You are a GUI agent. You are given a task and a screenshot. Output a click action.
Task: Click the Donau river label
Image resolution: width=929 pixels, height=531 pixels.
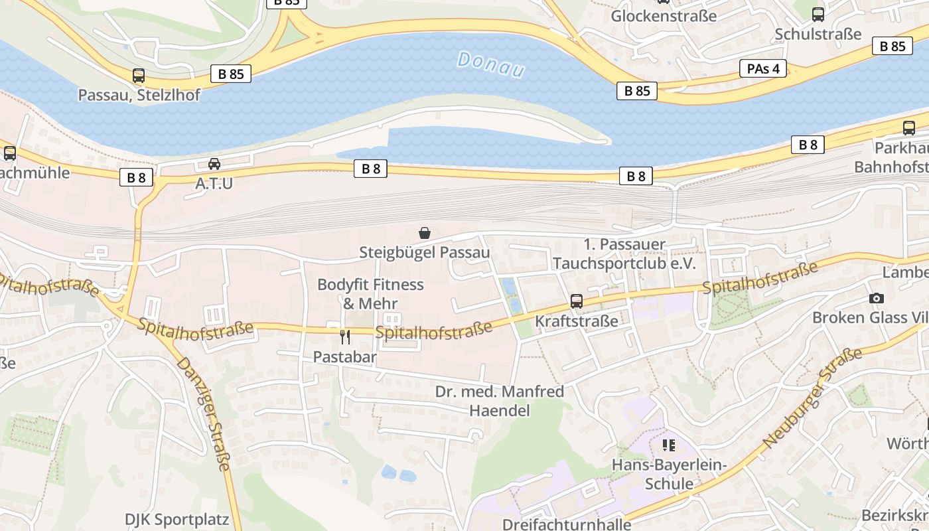[491, 65]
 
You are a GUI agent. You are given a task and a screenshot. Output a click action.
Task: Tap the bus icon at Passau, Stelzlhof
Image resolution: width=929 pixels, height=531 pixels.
[138, 76]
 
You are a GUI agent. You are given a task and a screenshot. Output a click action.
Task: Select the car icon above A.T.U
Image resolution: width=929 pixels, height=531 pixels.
[214, 164]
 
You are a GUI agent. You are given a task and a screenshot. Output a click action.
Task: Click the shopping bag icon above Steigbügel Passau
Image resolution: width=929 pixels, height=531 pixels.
[425, 233]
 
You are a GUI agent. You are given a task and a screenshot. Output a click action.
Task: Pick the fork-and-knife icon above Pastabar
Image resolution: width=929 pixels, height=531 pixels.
[345, 337]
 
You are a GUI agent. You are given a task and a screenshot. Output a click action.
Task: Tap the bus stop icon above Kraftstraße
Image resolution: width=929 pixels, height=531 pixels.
[577, 301]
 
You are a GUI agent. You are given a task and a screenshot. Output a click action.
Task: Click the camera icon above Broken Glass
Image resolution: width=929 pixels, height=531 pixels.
[877, 298]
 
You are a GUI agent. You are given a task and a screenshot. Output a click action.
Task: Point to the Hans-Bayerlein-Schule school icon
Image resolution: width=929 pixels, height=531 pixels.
[669, 445]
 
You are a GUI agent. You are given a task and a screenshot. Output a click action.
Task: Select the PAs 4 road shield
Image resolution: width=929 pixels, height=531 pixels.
[763, 68]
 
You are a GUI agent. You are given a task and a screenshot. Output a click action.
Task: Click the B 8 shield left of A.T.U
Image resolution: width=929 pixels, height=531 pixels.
[137, 177]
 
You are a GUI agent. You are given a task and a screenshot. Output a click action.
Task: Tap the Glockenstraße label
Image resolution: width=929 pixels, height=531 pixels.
[664, 16]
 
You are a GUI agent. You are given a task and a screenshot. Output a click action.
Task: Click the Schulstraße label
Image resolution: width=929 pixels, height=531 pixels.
[818, 34]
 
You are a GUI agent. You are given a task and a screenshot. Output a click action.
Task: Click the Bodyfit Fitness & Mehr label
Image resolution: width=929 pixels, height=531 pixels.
[370, 294]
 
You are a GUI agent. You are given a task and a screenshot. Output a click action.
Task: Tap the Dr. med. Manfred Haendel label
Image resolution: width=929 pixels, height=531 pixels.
[500, 401]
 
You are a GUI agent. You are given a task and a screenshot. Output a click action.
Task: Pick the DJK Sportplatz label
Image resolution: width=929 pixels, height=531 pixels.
[177, 519]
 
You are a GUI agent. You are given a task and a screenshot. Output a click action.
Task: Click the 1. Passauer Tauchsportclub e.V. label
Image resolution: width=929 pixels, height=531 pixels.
[624, 254]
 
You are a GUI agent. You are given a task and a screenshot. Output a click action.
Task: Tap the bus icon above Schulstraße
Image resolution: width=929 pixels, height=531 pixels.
[818, 14]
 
